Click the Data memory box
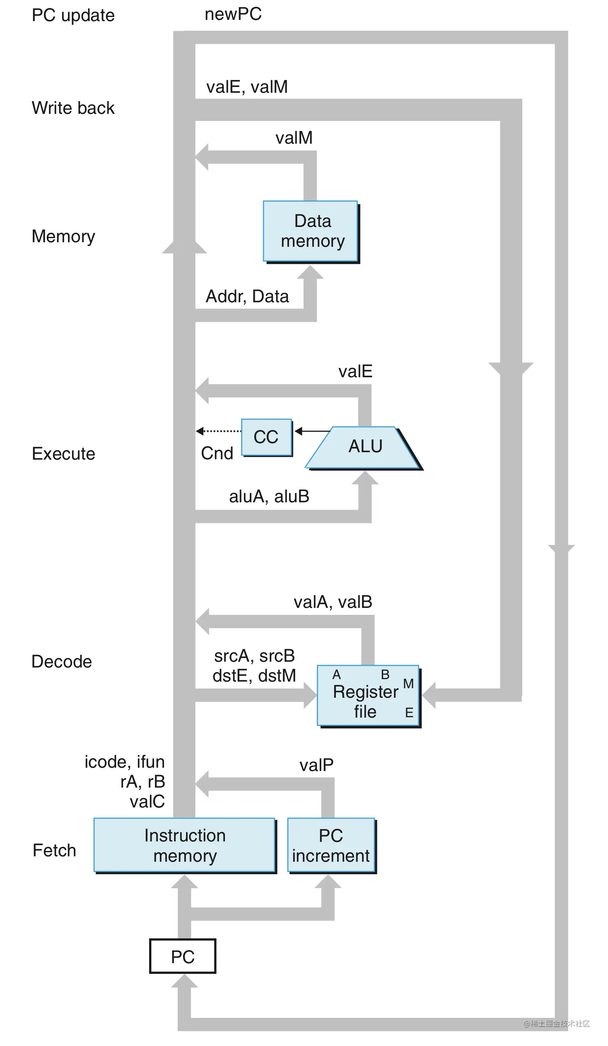click(310, 231)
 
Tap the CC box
click(266, 437)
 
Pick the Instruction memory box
click(184, 845)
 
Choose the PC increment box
click(331, 845)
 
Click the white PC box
click(183, 956)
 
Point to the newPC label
click(233, 14)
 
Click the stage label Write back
click(73, 108)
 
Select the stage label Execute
click(63, 454)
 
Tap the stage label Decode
click(62, 662)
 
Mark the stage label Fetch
click(54, 851)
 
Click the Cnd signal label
click(217, 453)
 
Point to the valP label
click(316, 765)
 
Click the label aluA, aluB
click(269, 496)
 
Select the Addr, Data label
click(247, 296)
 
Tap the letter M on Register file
click(408, 684)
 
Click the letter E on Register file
click(409, 713)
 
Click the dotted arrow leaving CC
click(219, 431)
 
